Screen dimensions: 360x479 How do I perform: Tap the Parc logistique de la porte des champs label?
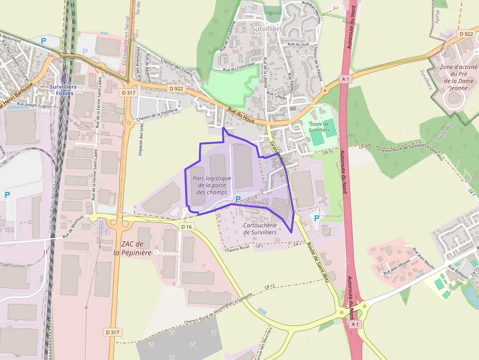point(212,185)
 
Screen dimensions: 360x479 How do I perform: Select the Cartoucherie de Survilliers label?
point(260,229)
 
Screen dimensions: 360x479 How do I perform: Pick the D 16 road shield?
point(186,227)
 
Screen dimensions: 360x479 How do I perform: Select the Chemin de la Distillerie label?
point(157,114)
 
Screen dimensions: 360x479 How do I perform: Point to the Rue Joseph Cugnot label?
point(34,104)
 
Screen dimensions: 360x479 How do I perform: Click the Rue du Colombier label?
point(239,67)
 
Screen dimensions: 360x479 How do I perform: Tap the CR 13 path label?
point(269,286)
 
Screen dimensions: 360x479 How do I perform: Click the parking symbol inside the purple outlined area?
point(238,199)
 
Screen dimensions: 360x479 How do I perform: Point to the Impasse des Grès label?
point(141,140)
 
